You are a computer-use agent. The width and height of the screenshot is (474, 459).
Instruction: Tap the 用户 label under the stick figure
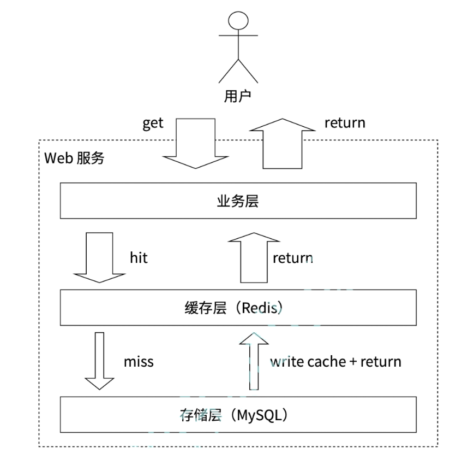pos(238,96)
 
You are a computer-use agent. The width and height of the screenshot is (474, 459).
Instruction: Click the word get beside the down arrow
pos(153,123)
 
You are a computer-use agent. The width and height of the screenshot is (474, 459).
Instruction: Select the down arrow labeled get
pos(196,143)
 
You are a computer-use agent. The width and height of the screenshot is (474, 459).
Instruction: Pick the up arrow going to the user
pos(283,143)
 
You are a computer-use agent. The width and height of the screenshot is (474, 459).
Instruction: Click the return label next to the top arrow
pos(345,123)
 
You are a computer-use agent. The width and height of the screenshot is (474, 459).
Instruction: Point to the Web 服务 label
pos(74,158)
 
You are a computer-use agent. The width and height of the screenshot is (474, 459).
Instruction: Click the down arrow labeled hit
pos(99,258)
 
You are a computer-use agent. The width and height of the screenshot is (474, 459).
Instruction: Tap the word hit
pos(139,258)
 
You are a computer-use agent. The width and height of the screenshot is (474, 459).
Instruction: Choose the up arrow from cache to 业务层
pos(254,258)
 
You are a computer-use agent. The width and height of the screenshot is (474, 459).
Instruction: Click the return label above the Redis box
pos(292,258)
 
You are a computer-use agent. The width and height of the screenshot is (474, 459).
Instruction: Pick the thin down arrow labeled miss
pos(99,361)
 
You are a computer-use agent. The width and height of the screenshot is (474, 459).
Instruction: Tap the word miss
pos(139,362)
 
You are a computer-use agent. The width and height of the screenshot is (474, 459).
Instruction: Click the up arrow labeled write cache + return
pos(254,361)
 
